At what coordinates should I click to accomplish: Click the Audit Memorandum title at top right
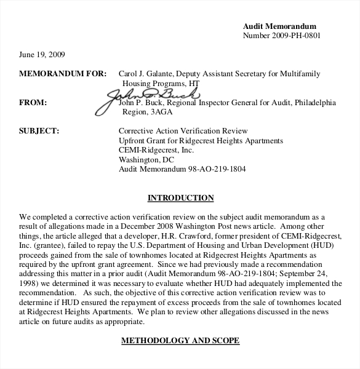tap(279, 26)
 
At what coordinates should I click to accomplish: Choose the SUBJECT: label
tap(39, 131)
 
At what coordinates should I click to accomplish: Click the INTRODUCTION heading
tap(180, 198)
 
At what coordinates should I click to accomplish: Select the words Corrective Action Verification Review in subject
tap(182, 131)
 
